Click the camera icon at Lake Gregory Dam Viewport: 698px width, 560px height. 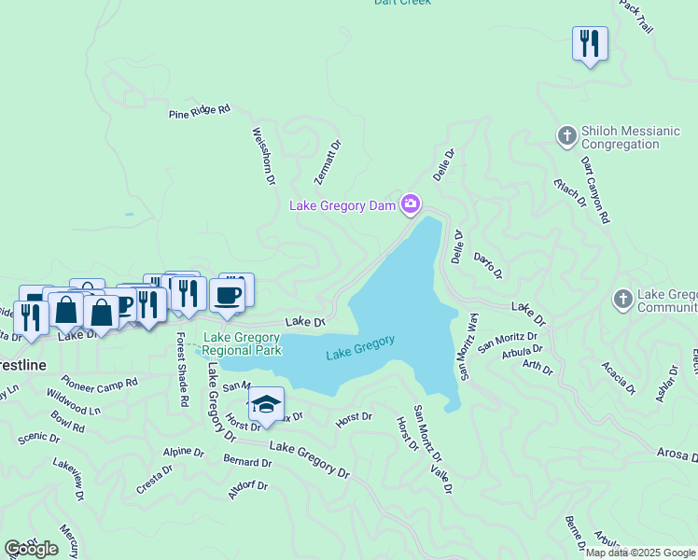tap(411, 203)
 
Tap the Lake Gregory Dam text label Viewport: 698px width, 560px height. tap(343, 205)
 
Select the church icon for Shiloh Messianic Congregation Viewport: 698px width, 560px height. tap(566, 137)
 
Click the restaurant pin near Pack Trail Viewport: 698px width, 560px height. tap(590, 44)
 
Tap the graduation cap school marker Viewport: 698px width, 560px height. tap(266, 404)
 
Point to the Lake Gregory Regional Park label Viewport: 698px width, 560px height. tap(242, 343)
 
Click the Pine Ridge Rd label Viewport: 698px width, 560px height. tap(199, 112)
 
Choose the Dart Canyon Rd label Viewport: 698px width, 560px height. tap(593, 189)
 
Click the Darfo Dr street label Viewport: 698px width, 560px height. tap(488, 265)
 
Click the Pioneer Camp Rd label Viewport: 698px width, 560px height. tap(99, 382)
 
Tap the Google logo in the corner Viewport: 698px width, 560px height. tap(32, 549)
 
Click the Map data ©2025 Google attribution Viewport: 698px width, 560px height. tap(640, 553)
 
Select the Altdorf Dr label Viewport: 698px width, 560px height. tap(247, 490)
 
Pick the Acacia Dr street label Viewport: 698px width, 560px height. tap(618, 377)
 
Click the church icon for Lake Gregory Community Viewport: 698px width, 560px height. tap(623, 301)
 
